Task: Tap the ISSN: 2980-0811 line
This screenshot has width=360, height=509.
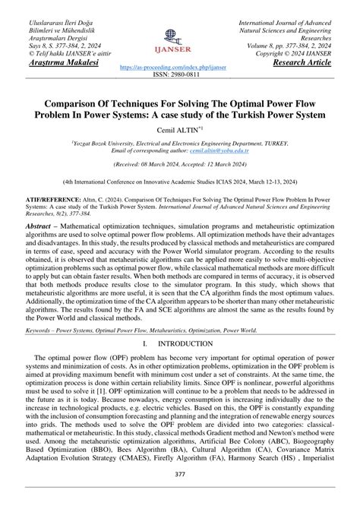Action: pyautogui.click(x=179, y=75)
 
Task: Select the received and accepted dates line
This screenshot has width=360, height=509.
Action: pyautogui.click(x=179, y=164)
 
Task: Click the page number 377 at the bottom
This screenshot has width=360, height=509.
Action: pyautogui.click(x=180, y=496)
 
